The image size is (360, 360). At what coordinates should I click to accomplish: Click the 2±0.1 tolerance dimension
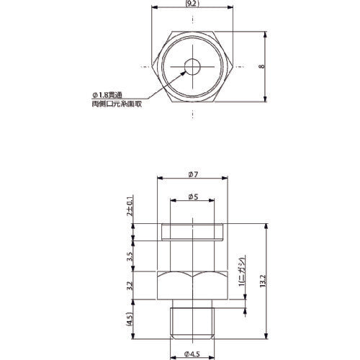(130, 205)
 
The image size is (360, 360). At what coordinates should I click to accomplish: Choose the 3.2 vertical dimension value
(130, 286)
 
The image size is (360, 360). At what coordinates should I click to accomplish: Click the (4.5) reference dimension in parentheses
(130, 319)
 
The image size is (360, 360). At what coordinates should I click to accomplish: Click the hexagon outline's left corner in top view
(155, 67)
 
